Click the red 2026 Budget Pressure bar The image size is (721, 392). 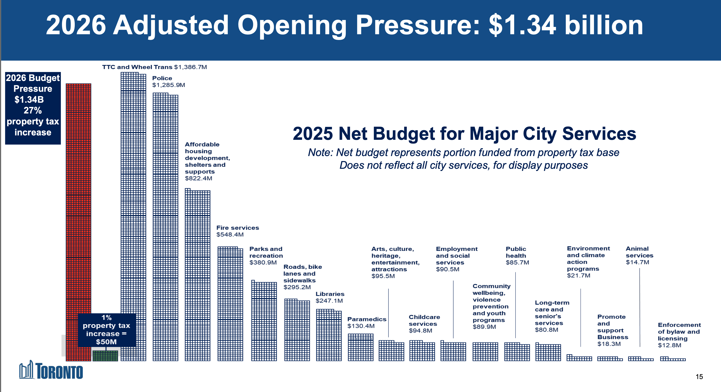(78, 196)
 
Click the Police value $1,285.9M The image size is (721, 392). (169, 85)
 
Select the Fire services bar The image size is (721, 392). (230, 305)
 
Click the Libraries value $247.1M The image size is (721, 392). (329, 301)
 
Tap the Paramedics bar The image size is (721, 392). (360, 347)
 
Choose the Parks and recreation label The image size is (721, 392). (266, 252)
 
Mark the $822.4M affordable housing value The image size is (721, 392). (198, 178)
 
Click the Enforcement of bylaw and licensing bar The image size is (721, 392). (673, 359)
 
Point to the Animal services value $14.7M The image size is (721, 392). (637, 262)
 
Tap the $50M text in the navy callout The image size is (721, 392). (106, 342)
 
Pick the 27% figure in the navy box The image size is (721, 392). (33, 110)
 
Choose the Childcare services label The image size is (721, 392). (424, 320)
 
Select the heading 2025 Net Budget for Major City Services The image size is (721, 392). (464, 133)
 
